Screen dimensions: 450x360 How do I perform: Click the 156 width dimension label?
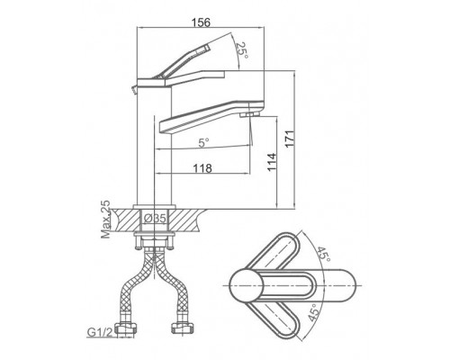(x=201, y=22)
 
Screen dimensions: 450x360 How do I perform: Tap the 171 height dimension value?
(x=289, y=139)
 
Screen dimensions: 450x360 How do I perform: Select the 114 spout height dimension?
(x=272, y=162)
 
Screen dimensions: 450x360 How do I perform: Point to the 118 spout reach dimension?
(x=202, y=168)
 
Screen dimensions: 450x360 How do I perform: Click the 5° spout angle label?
(x=203, y=143)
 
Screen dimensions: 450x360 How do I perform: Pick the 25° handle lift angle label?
(x=242, y=50)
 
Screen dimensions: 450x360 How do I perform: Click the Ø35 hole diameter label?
(x=155, y=219)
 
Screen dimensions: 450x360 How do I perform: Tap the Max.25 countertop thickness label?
(x=105, y=219)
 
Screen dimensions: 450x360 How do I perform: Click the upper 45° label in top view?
(x=323, y=255)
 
